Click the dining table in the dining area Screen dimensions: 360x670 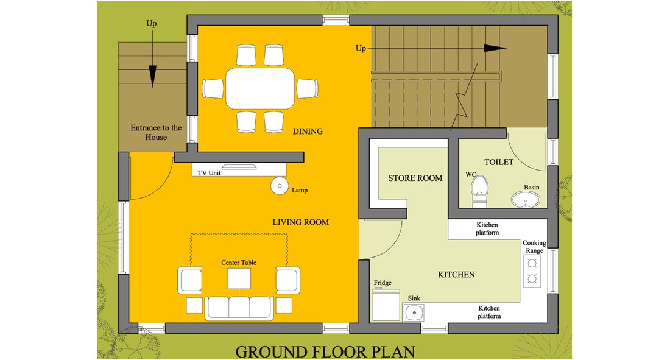259,88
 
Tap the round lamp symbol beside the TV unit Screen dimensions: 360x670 280,185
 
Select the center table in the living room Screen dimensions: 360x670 239,278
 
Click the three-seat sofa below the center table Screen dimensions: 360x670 239,308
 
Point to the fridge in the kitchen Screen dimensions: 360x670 384,305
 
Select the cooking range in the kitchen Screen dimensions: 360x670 532,271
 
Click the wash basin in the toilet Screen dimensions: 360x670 524,200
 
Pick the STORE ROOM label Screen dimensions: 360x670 415,178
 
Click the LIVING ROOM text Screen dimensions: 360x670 300,222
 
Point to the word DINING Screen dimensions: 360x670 308,131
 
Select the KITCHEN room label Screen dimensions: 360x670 456,275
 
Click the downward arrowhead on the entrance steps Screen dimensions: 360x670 152,77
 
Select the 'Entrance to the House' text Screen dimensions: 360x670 156,132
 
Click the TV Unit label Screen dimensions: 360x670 209,173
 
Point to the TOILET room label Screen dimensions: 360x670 499,162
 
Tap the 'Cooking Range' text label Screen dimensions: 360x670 534,247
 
